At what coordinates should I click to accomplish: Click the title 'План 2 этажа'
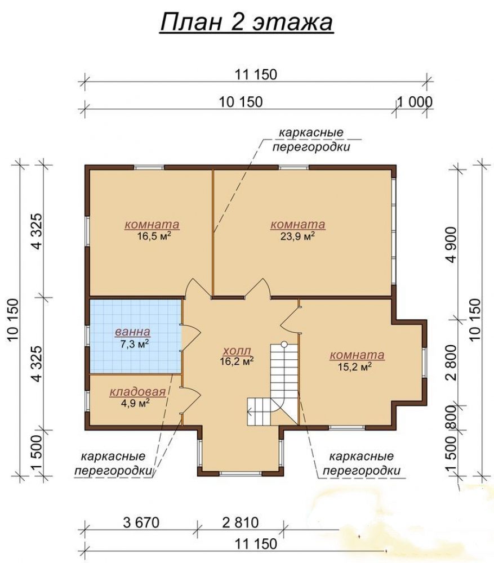coord(247,23)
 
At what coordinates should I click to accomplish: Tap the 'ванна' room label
coord(132,332)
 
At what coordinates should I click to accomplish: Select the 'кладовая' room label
coord(137,391)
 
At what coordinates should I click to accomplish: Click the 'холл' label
coord(237,350)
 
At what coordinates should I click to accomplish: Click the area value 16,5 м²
coord(154,236)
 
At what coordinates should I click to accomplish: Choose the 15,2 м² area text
coord(355,367)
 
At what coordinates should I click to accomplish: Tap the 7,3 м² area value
coord(135,344)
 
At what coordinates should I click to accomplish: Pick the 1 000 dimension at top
coord(415,102)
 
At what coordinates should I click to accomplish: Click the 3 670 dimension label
coord(141,522)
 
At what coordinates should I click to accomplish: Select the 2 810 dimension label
coord(241,522)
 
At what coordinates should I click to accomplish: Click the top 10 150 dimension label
coord(241,102)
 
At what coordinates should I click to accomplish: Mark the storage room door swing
coord(190,400)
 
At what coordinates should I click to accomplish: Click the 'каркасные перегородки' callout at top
coord(311,140)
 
